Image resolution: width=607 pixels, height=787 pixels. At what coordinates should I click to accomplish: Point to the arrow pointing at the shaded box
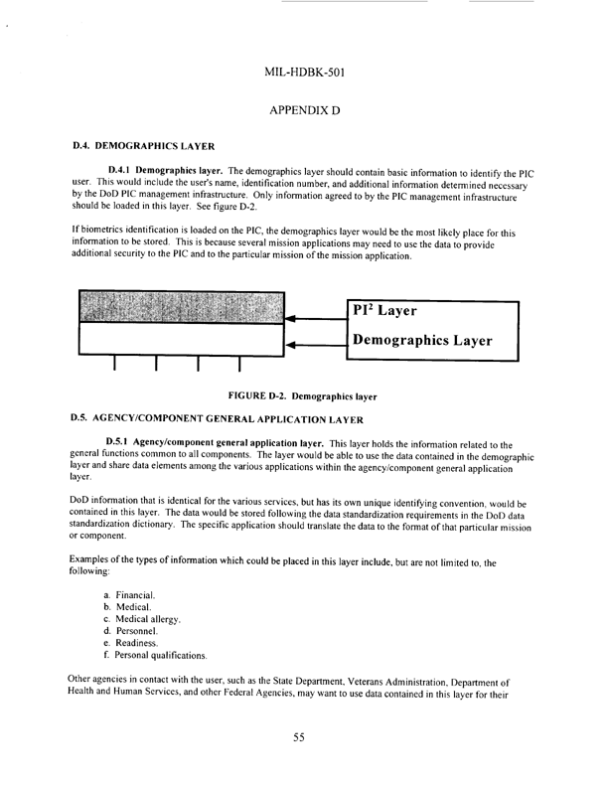pos(314,318)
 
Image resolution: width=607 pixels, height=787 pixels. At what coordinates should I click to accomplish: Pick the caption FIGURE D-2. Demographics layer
pos(302,396)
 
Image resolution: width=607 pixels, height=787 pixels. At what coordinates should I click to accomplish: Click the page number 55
pos(303,736)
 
